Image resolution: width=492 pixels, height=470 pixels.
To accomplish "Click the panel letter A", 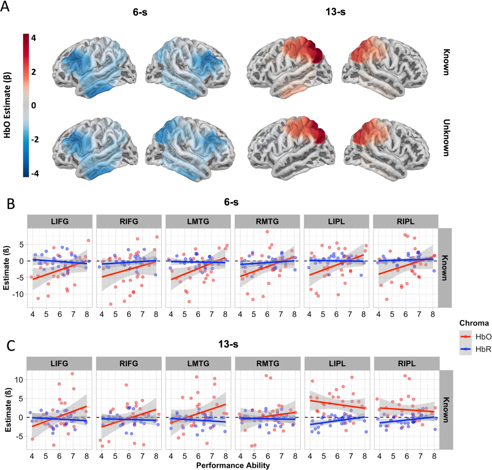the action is click(x=5, y=6).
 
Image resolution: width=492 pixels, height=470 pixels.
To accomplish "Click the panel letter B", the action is click(x=11, y=204).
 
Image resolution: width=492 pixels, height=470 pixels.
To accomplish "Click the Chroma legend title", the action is click(x=474, y=323).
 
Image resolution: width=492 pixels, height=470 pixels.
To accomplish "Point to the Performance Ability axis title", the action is click(x=233, y=465).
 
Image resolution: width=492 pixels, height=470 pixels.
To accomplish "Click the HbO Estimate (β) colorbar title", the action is click(x=7, y=105).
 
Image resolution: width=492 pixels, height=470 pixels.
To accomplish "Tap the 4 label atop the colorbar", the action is click(x=34, y=38).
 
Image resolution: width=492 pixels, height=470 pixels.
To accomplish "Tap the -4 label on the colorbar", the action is click(x=35, y=173).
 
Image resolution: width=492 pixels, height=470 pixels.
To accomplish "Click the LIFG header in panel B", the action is click(x=60, y=221).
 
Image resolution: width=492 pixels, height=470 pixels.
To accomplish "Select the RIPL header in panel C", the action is click(x=407, y=363).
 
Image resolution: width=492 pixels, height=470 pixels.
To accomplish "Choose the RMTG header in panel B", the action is click(x=267, y=221).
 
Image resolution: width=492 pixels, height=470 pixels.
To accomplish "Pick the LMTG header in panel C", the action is click(x=198, y=363).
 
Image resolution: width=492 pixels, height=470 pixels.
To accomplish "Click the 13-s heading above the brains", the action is click(x=335, y=12).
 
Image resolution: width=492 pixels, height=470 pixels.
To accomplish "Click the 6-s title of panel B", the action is click(x=231, y=202).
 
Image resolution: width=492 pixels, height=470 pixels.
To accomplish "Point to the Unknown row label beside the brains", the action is click(x=446, y=138).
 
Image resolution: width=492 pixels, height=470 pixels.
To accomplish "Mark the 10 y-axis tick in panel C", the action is click(x=19, y=380).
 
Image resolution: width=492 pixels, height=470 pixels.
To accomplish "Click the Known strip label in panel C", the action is click(x=446, y=410).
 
